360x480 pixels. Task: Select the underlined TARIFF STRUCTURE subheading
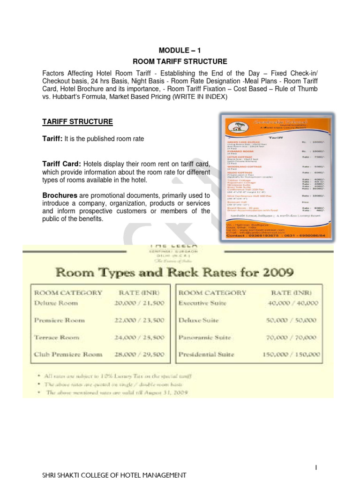[77, 122]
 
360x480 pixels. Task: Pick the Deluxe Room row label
[56, 303]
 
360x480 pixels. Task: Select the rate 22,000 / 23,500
[139, 321]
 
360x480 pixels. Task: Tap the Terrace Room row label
[57, 337]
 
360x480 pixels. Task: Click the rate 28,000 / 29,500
[139, 354]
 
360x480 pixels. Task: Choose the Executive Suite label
[202, 303]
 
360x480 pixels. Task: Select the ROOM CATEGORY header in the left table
[68, 292]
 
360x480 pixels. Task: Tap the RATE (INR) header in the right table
[290, 292]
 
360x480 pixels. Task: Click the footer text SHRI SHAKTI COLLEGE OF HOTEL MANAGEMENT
[114, 475]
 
